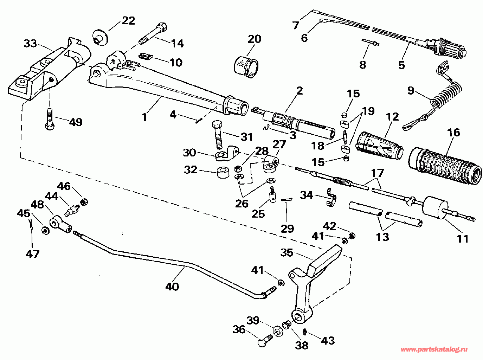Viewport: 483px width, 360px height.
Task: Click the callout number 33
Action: coord(30,44)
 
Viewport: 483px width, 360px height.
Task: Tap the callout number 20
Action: coord(255,39)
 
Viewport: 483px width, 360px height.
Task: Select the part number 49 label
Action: coord(76,122)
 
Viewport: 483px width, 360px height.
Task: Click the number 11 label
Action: coord(463,239)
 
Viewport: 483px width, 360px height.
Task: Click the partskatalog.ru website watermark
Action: coord(434,349)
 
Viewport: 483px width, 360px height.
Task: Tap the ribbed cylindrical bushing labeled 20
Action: coord(246,66)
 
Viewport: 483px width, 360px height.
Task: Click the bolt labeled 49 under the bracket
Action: coord(49,120)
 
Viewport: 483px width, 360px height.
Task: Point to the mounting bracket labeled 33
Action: coord(49,70)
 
